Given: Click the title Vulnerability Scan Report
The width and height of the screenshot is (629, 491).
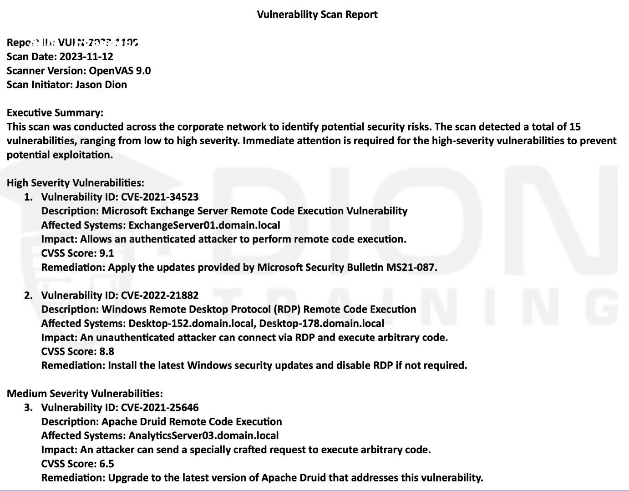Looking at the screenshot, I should pyautogui.click(x=317, y=15).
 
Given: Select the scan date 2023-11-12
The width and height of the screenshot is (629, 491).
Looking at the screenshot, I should pyautogui.click(x=86, y=56).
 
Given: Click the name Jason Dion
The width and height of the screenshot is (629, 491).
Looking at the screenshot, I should pyautogui.click(x=101, y=85).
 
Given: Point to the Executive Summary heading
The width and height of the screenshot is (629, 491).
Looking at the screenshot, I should pyautogui.click(x=55, y=113).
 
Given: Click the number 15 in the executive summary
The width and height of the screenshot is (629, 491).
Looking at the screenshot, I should pyautogui.click(x=575, y=127).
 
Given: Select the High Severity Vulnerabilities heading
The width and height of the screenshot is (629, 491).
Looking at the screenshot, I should pyautogui.click(x=75, y=183).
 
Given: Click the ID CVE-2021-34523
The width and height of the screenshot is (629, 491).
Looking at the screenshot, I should pyautogui.click(x=160, y=197).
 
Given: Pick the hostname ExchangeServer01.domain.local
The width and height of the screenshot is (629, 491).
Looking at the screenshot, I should pyautogui.click(x=204, y=225).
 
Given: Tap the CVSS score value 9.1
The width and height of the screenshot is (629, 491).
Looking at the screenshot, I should pyautogui.click(x=107, y=253).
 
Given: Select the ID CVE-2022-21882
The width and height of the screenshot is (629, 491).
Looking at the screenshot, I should pyautogui.click(x=160, y=295).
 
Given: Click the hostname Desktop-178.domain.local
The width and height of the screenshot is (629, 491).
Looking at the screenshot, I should pyautogui.click(x=321, y=324).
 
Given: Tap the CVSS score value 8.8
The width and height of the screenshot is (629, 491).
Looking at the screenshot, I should pyautogui.click(x=107, y=352).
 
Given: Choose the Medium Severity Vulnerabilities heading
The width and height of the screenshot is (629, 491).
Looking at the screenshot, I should pyautogui.click(x=85, y=394).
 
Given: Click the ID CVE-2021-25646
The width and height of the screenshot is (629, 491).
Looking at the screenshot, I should pyautogui.click(x=160, y=408).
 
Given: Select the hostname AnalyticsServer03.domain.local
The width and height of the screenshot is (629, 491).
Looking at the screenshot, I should pyautogui.click(x=203, y=436).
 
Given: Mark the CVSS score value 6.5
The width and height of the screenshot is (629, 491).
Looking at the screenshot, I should pyautogui.click(x=107, y=464).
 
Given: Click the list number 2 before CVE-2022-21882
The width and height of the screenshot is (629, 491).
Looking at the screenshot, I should pyautogui.click(x=28, y=295).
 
